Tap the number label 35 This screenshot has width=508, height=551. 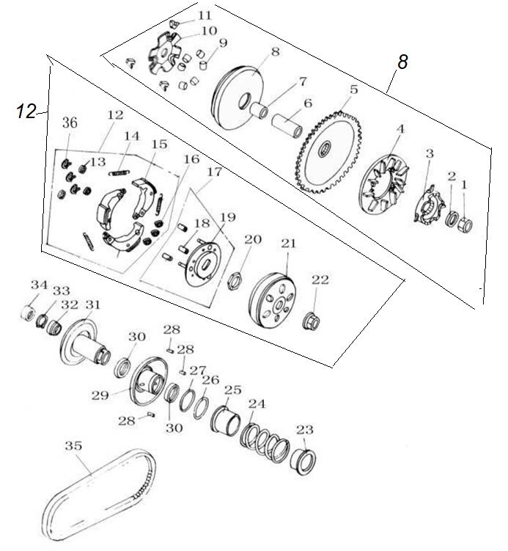point(73,446)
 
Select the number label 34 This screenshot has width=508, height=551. point(38,285)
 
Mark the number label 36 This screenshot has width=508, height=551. point(69,122)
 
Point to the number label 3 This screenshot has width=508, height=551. point(430,153)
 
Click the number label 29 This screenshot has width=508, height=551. point(100,395)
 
